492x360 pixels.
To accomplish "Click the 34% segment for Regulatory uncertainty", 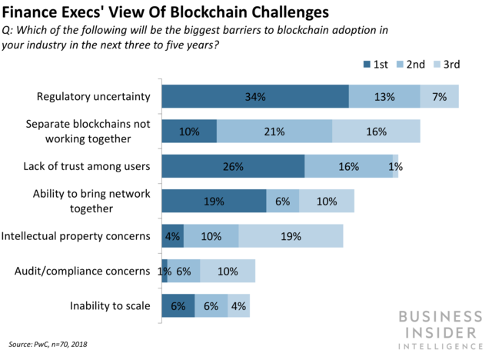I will click(254, 97).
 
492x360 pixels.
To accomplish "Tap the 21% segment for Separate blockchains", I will click(274, 132).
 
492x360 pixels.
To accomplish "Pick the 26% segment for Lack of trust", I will click(233, 166).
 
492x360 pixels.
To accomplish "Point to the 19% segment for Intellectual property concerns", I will click(291, 236).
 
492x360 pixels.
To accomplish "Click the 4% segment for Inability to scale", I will click(239, 305).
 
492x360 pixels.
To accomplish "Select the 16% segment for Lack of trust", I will click(348, 166).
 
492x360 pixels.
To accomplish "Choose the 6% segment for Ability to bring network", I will click(282, 202).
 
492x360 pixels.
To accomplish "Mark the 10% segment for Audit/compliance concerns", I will click(228, 271).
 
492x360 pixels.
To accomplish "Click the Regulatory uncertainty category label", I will click(93, 97).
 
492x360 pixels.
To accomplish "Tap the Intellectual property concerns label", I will click(77, 236).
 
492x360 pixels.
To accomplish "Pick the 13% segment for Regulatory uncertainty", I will click(384, 97).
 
